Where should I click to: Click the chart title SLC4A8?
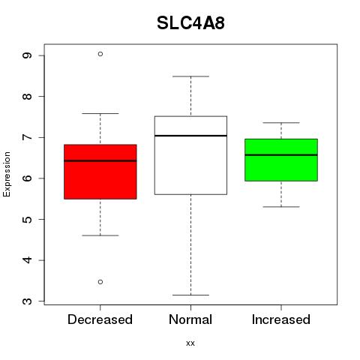[x=190, y=23]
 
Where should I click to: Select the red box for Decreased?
[x=100, y=172]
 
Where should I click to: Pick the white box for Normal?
[x=190, y=155]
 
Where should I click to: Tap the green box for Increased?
[x=281, y=160]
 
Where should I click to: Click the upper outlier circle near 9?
[x=100, y=54]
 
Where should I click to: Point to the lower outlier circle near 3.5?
[x=100, y=282]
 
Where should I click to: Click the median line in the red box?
[x=100, y=160]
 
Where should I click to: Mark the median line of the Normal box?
[x=190, y=136]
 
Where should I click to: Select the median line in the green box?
[x=281, y=155]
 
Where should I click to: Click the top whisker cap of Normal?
[x=190, y=76]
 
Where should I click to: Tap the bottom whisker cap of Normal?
[x=190, y=295]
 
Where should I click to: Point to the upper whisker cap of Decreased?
[x=100, y=113]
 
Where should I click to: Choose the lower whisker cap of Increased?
[x=281, y=207]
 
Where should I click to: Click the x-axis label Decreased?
[x=100, y=319]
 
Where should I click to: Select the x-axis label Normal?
[x=190, y=319]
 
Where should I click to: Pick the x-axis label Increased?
[x=281, y=319]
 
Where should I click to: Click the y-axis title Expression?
[x=7, y=174]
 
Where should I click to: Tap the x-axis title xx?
[x=190, y=343]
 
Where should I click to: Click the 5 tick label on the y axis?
[x=28, y=219]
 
